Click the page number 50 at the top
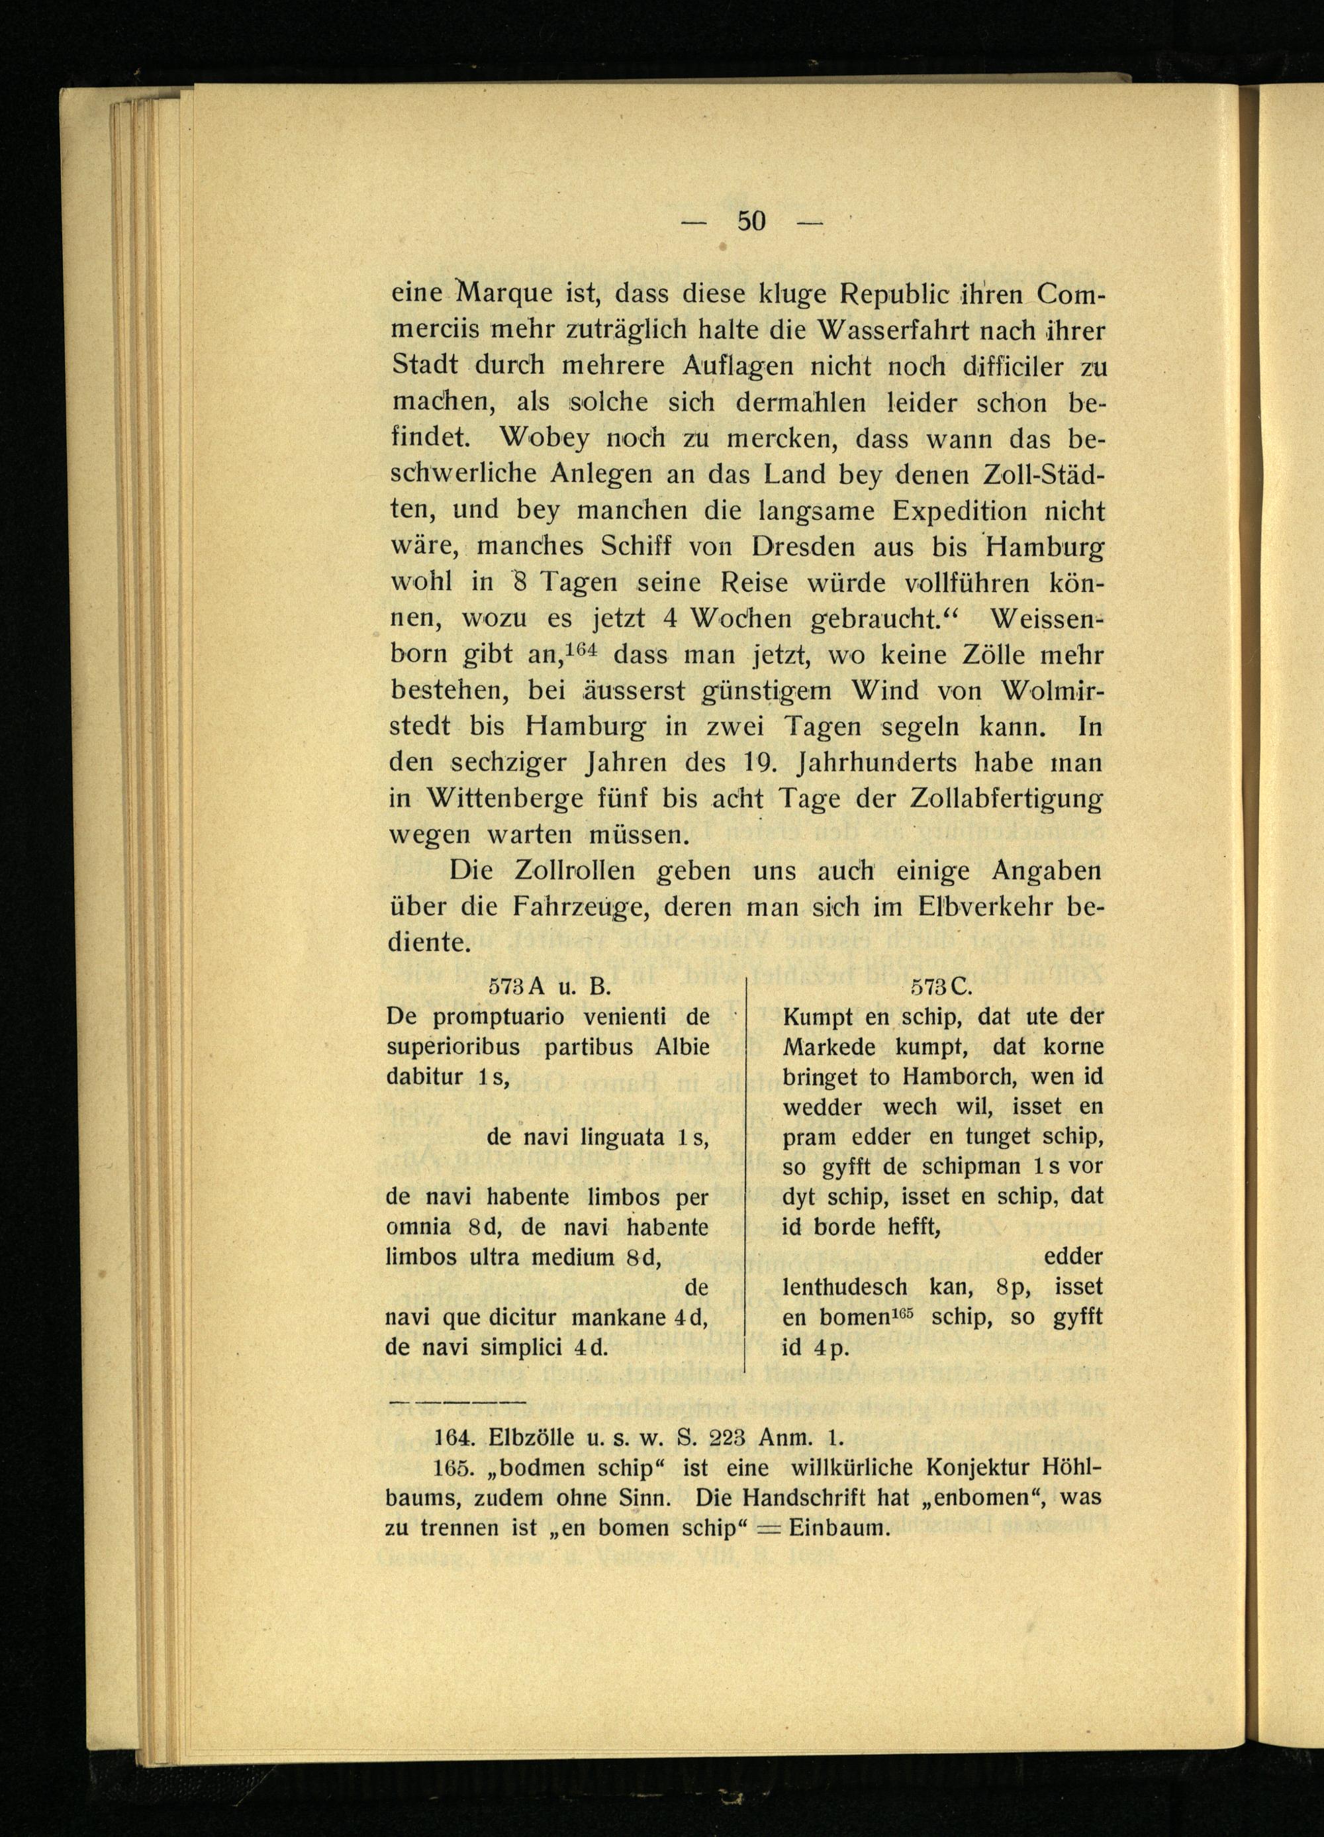click(751, 221)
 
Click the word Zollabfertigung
click(1005, 799)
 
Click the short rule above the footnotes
click(457, 1400)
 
